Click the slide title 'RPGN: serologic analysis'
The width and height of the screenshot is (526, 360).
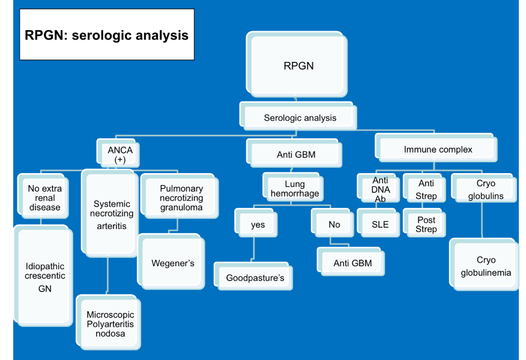point(106,35)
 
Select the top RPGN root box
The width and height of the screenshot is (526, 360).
point(298,66)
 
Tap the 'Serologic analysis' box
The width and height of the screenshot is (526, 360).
point(300,118)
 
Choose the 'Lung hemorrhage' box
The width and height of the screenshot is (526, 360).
point(294,189)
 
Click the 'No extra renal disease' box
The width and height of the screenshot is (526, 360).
point(44,197)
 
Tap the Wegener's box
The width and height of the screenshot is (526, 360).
point(172,263)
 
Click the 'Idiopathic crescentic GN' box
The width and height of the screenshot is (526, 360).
point(44,276)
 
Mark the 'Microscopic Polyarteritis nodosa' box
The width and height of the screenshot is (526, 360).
point(110,323)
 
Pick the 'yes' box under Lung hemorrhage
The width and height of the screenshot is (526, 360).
point(257,225)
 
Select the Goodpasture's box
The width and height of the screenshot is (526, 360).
point(254,278)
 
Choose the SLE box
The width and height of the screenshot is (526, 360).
point(379,225)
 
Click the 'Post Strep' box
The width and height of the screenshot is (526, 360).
point(426,224)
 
